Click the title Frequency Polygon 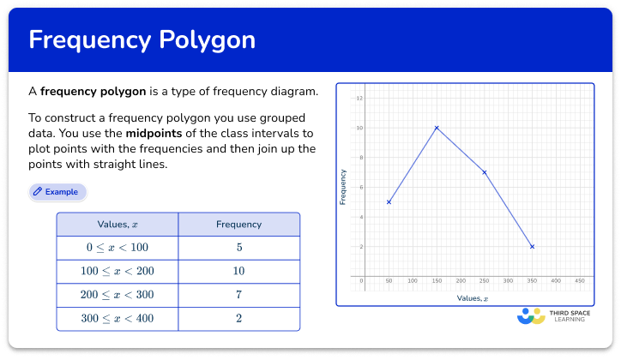[x=142, y=40]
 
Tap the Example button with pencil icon [x=57, y=192]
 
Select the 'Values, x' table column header [x=118, y=225]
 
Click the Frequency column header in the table [x=238, y=225]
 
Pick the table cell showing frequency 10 [x=238, y=271]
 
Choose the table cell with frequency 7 [x=238, y=295]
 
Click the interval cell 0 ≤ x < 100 [x=118, y=248]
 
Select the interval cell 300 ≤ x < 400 [x=118, y=318]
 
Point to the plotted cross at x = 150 [x=437, y=128]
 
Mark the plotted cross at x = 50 [x=389, y=202]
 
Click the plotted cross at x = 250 [x=485, y=172]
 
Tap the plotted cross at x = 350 [x=533, y=247]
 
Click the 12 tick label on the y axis [x=359, y=99]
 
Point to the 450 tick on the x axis [x=580, y=281]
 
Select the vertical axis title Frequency [x=344, y=187]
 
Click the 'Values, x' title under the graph [x=472, y=297]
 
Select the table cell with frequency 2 [x=238, y=318]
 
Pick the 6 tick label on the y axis [x=360, y=188]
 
